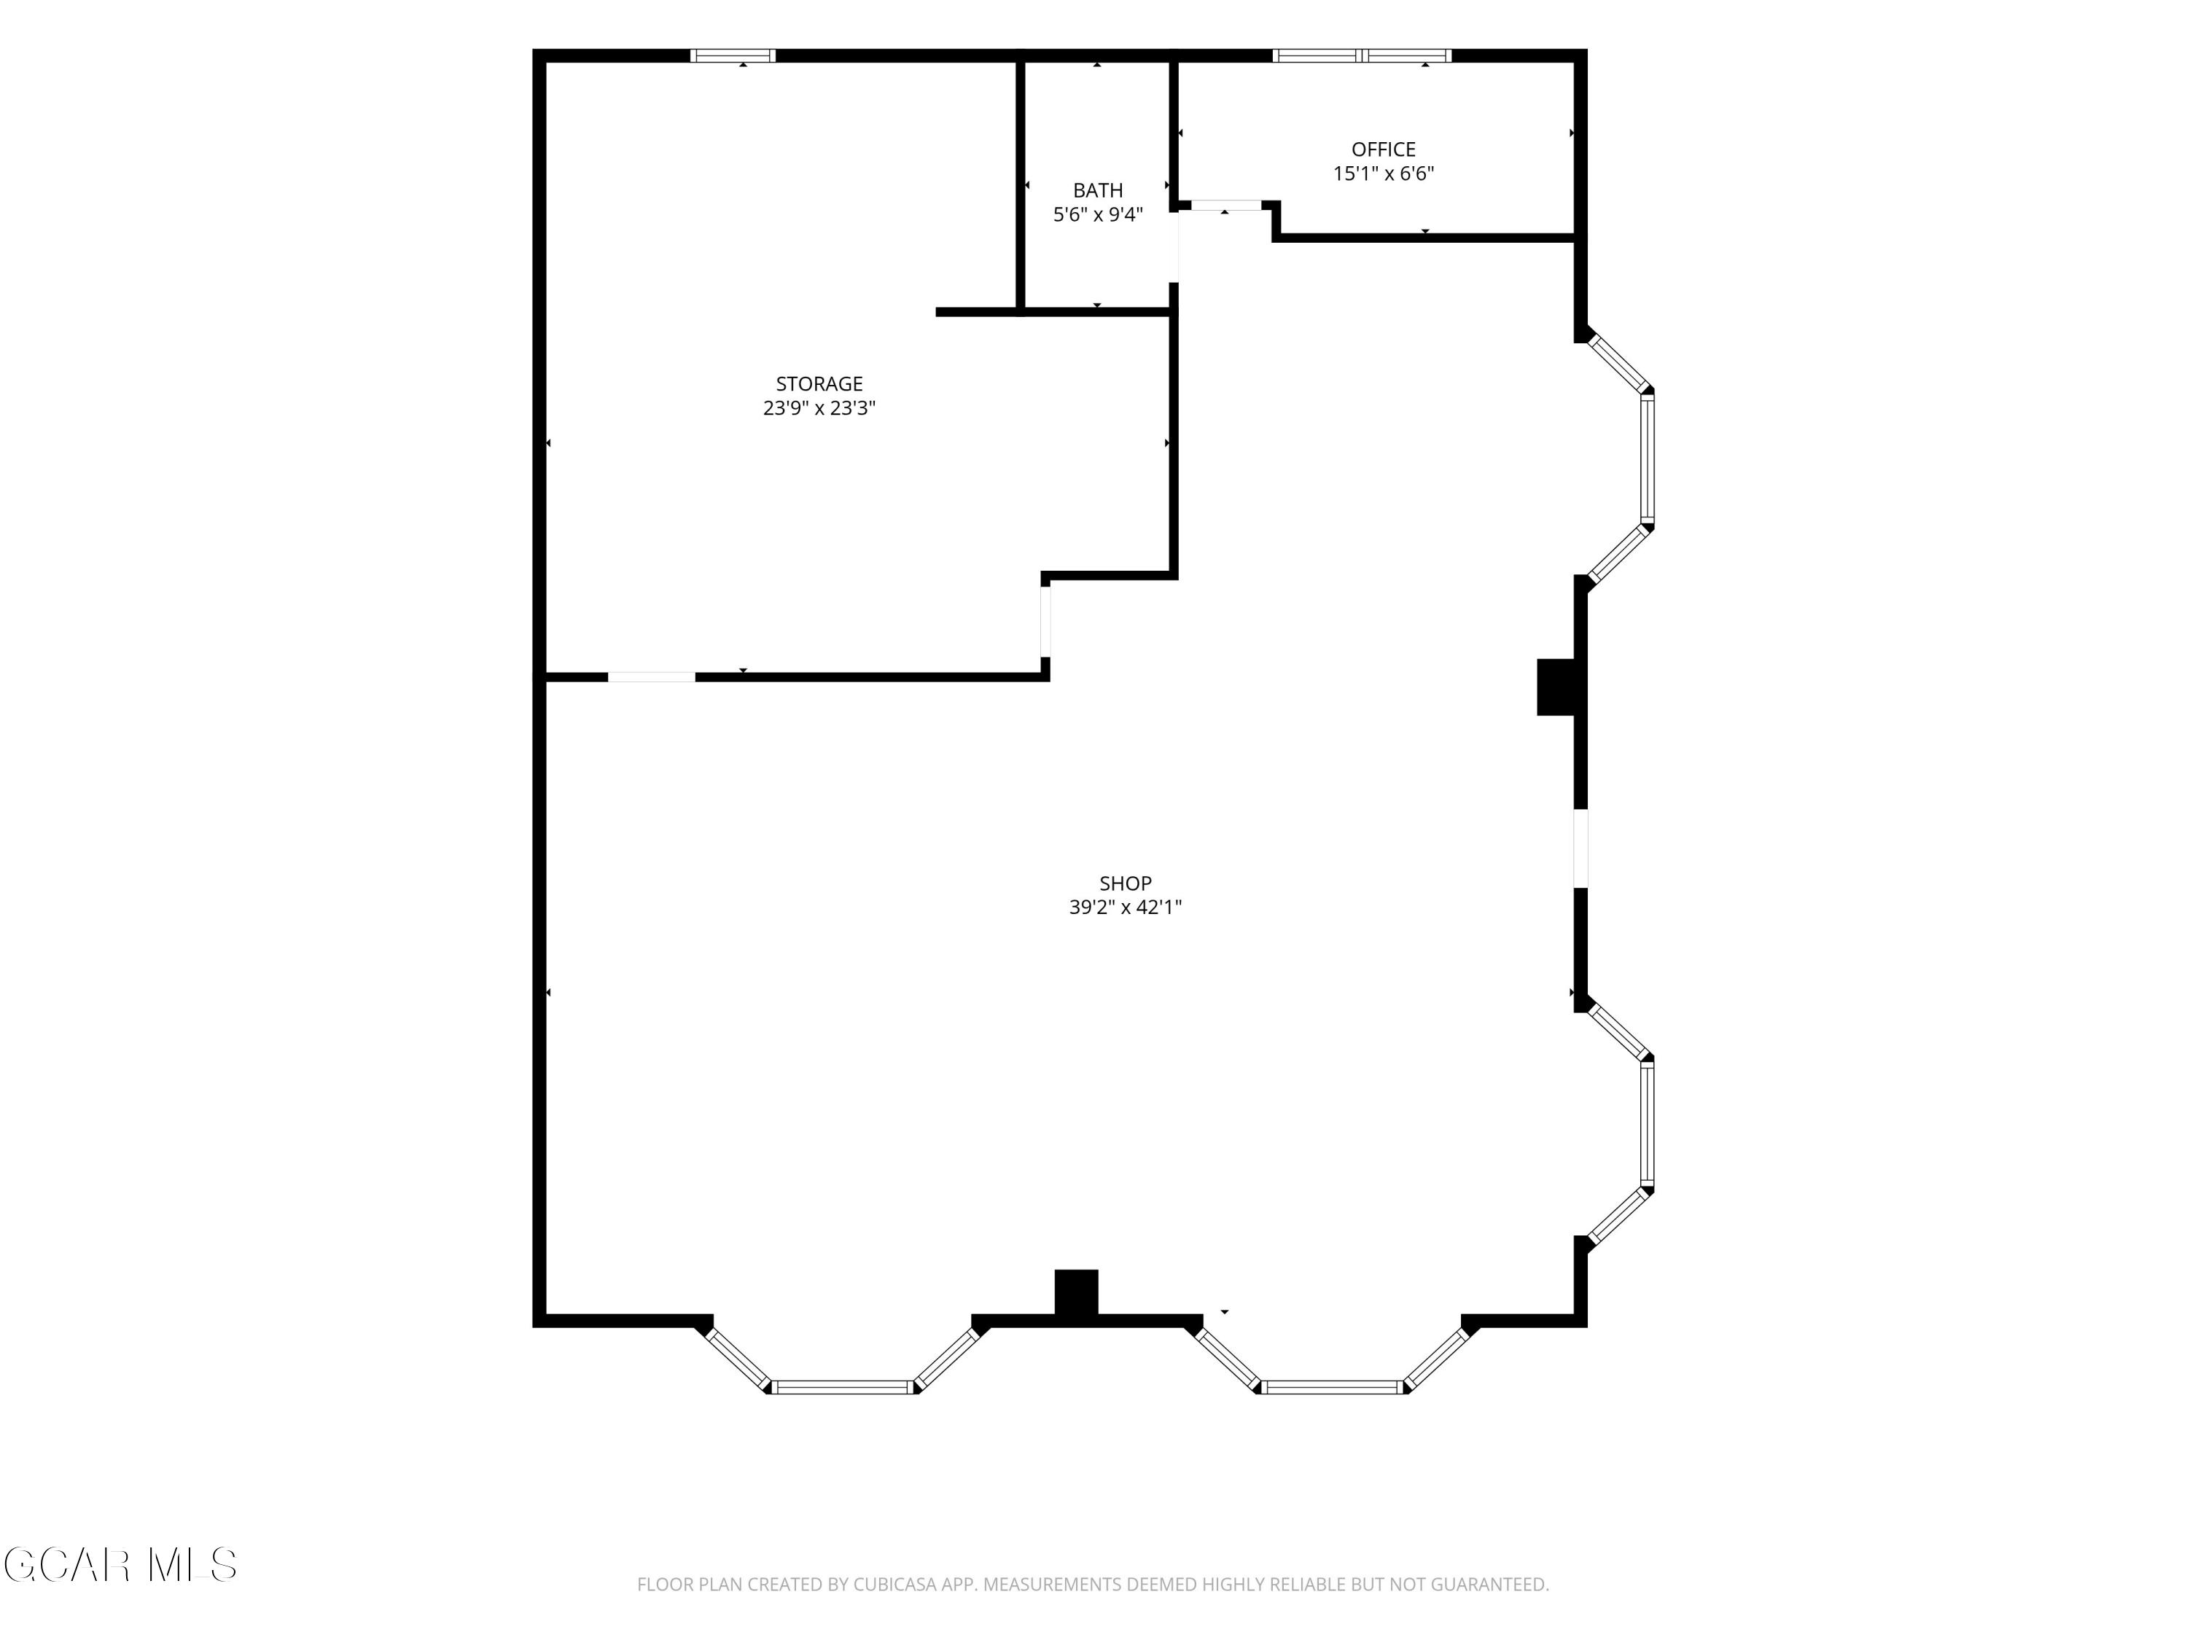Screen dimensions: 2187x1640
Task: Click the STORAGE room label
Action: [x=819, y=383]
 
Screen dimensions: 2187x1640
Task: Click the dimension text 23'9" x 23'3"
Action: [x=819, y=408]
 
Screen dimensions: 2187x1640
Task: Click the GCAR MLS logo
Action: [x=120, y=1564]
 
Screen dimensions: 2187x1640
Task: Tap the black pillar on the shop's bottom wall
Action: [x=1077, y=1292]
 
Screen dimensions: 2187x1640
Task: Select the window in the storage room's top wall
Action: [x=733, y=55]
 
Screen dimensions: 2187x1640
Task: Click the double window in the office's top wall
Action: [x=1362, y=55]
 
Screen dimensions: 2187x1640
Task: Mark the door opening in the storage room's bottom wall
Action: [x=652, y=677]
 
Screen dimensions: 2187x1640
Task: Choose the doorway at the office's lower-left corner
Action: [x=1226, y=206]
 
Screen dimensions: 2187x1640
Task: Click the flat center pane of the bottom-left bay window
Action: [x=843, y=1387]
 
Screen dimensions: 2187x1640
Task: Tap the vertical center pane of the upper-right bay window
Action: [x=1647, y=458]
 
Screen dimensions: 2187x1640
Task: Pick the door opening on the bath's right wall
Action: [x=1174, y=247]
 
